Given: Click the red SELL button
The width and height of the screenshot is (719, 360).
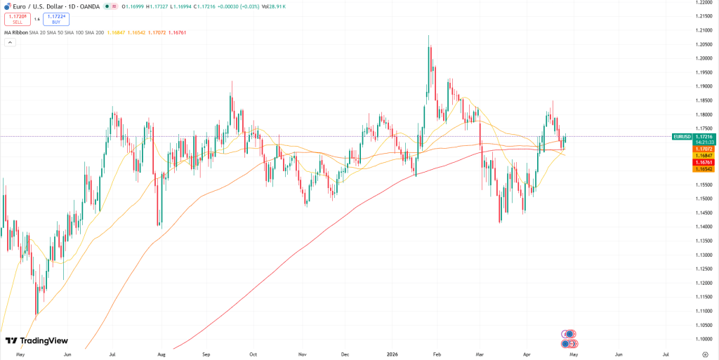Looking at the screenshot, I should coord(18,19).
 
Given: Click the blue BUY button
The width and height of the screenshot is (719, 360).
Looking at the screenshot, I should coord(56,19).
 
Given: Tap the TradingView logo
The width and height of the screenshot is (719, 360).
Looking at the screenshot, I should coord(37,341).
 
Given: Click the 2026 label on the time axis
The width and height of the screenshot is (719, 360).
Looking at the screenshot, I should coord(392,354).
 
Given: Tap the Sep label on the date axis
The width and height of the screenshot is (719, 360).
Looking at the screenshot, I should coord(207,354).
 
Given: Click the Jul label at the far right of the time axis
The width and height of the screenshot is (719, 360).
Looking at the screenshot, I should coord(665,354).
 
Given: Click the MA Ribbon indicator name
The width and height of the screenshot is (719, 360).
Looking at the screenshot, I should coord(15,32).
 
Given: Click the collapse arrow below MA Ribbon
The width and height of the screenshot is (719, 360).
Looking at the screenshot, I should coord(10,42).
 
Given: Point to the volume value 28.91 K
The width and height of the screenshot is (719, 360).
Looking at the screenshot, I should coord(277,6).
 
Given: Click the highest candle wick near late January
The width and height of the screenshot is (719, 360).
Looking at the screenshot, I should coord(429,36).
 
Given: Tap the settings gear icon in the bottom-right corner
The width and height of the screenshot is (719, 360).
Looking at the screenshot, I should coord(705,354).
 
